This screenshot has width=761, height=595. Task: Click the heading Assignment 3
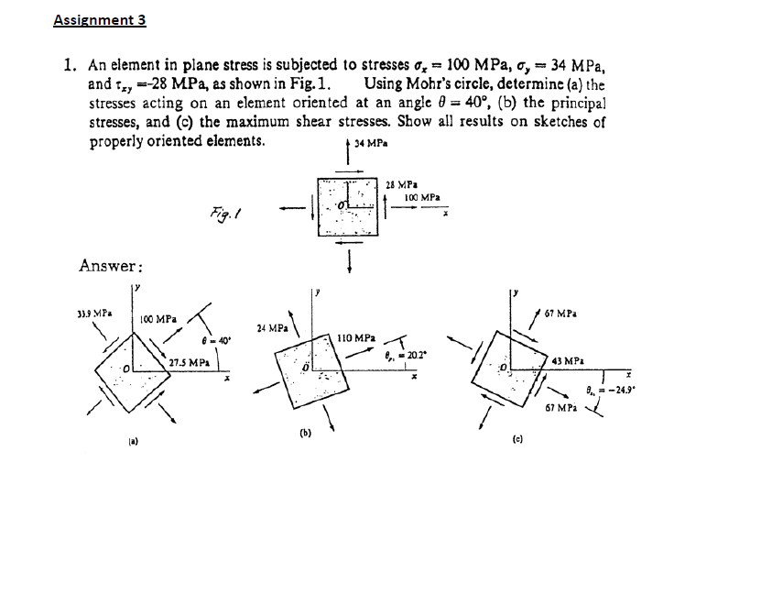[99, 19]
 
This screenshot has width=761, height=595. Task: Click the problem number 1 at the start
[69, 66]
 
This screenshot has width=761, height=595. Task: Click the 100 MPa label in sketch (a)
[158, 318]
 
